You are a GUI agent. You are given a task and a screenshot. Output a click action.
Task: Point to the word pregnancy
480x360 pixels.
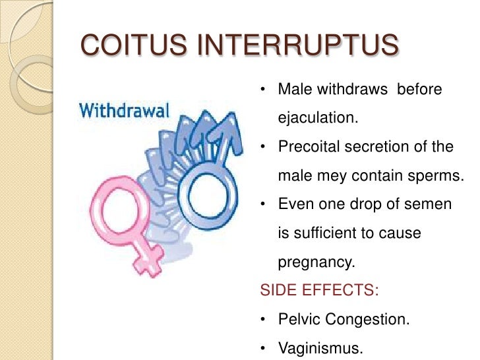click(316, 262)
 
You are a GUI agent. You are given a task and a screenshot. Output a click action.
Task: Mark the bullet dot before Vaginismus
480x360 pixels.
click(263, 349)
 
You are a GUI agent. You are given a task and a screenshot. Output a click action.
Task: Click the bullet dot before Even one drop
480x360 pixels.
click(263, 204)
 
